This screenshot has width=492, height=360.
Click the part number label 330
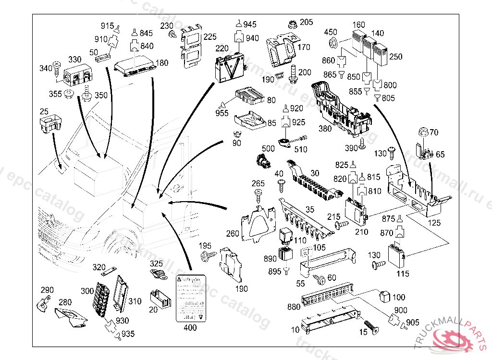[x=75, y=60]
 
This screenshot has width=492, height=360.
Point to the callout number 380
[x=325, y=129]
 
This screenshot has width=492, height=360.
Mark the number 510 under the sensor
[x=300, y=150]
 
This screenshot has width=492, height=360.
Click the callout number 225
[x=209, y=36]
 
